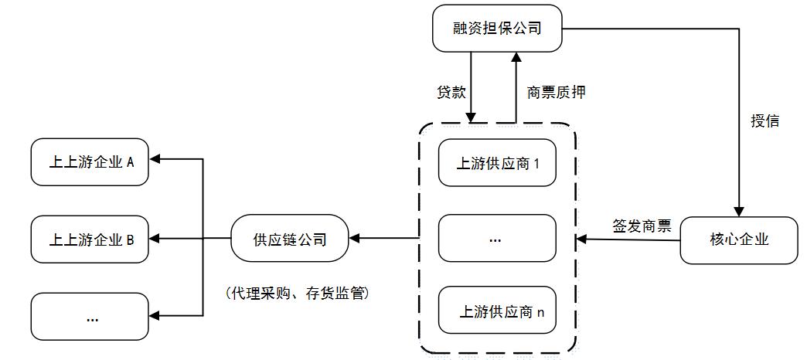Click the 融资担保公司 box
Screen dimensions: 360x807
point(497,29)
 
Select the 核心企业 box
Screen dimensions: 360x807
point(738,239)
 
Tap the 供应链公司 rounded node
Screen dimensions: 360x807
point(290,239)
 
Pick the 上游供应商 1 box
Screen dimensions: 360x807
point(497,163)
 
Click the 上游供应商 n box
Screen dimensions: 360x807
point(497,312)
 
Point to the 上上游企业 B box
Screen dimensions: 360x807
point(90,239)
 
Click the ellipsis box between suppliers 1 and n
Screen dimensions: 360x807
point(497,238)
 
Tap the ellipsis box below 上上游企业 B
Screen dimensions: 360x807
point(90,317)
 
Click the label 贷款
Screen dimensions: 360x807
point(451,92)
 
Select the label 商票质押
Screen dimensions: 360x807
point(556,92)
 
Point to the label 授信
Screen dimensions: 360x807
point(764,121)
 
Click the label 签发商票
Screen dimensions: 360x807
point(641,226)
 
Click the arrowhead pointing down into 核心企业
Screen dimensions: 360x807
point(739,210)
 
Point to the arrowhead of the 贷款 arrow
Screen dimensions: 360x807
point(472,117)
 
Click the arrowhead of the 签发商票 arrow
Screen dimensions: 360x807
point(582,239)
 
